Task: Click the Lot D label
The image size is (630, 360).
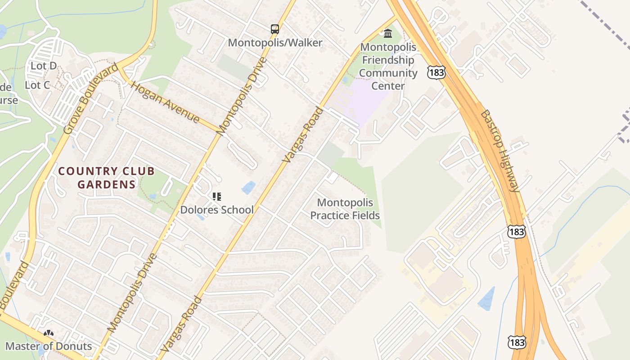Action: coord(44,66)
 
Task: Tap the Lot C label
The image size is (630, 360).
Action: coord(37,85)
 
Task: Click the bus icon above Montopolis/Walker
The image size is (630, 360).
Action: coord(274,29)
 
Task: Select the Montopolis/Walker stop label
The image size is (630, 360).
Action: coord(275,43)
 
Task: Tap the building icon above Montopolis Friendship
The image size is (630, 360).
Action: coord(387,33)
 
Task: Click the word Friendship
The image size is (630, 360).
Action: coord(388,60)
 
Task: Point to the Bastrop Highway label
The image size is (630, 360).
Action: coord(500,151)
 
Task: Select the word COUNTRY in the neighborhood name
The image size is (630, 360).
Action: coord(85,171)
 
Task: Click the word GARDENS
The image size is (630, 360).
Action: coord(106,184)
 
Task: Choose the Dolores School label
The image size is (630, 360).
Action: coord(217,210)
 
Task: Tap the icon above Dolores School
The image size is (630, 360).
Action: coord(217,197)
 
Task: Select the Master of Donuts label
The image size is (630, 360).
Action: coord(49,346)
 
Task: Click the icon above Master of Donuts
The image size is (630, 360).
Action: coord(49,333)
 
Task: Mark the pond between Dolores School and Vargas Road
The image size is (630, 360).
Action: coord(248,187)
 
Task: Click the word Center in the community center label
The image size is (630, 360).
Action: coord(388,85)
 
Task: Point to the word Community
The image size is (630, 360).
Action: coord(388,73)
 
